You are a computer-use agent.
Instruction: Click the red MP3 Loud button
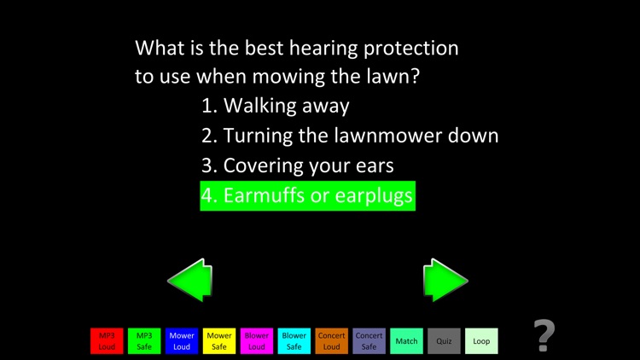[107, 341]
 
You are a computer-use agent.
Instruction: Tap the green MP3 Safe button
[144, 341]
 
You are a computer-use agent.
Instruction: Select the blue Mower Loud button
[182, 341]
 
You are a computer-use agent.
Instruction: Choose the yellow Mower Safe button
[219, 341]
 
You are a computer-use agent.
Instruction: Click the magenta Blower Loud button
[257, 341]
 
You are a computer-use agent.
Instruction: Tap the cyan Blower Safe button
[294, 341]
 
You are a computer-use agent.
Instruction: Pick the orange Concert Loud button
[331, 341]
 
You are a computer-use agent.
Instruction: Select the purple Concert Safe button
[369, 341]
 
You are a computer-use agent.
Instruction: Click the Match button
[406, 341]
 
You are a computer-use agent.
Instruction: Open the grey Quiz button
[444, 341]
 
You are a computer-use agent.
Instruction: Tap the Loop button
[481, 341]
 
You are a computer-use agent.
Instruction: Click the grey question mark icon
[545, 335]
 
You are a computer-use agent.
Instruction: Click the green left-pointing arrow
[189, 280]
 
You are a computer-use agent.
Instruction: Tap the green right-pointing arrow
[445, 280]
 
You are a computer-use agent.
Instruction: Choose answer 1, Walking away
[276, 106]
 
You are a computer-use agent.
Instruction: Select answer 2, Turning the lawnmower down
[350, 136]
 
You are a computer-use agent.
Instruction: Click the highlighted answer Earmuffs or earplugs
[307, 195]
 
